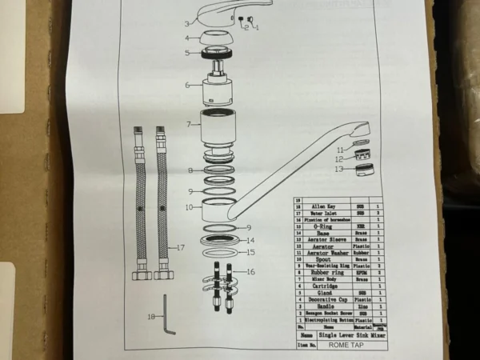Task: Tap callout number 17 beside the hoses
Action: (x=181, y=248)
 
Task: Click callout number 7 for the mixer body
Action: (x=188, y=124)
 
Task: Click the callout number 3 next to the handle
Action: (x=187, y=24)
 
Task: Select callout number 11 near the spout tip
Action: (x=339, y=149)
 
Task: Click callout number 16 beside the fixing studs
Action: (x=251, y=273)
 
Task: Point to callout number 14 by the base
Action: (x=250, y=240)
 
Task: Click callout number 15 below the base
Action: (x=250, y=252)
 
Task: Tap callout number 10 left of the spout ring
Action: (x=189, y=207)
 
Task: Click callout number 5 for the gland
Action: (x=188, y=54)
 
